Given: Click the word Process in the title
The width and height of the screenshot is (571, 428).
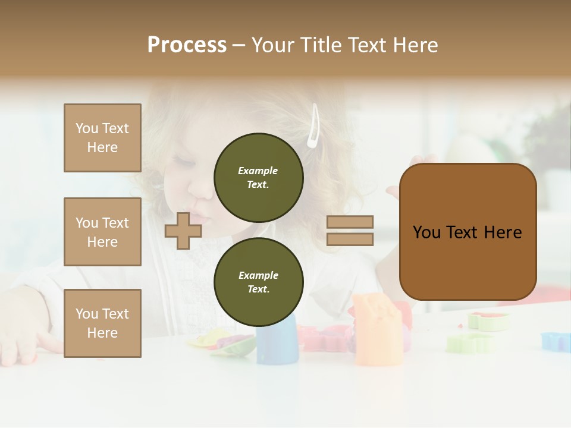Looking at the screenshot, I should click(187, 45).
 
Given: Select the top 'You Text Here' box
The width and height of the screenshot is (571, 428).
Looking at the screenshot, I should click(102, 138).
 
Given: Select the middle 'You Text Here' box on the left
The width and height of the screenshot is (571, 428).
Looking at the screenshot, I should click(102, 232).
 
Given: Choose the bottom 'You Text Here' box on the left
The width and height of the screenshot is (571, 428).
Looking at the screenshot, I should click(102, 323).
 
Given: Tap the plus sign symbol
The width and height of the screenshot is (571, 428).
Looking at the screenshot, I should click(183, 231).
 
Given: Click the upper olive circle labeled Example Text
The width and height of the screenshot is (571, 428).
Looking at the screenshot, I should click(258, 177).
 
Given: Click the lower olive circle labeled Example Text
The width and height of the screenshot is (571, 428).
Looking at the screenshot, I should click(258, 282).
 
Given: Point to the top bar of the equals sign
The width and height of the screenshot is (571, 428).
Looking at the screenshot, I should click(350, 222).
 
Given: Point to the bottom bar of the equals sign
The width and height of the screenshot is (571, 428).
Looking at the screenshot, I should click(350, 239).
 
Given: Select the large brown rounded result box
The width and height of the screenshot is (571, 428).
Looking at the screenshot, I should click(468, 232).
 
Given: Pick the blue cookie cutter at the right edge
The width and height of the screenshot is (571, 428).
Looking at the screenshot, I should click(556, 341).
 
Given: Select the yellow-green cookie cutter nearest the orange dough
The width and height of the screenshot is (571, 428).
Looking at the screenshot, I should click(470, 343).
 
